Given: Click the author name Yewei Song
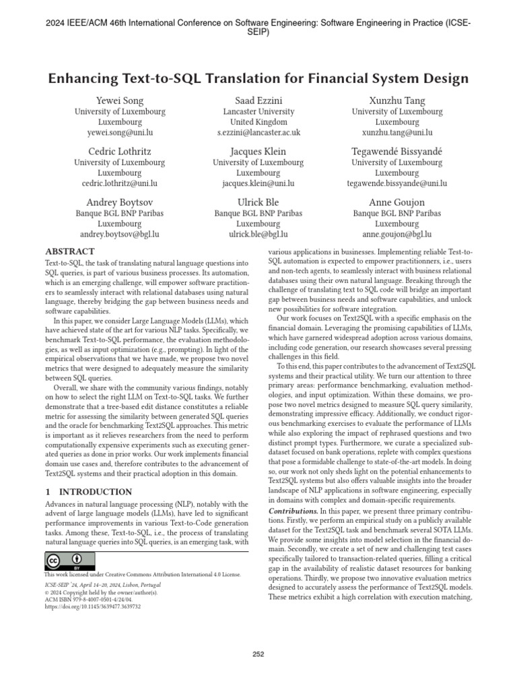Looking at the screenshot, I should pyautogui.click(x=120, y=100).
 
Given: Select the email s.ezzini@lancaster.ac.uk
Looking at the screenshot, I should pyautogui.click(x=258, y=133).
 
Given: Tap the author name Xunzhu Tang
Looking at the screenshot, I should pyautogui.click(x=397, y=100).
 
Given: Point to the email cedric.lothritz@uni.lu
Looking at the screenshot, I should pyautogui.click(x=120, y=183).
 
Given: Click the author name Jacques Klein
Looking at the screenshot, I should pyautogui.click(x=258, y=151).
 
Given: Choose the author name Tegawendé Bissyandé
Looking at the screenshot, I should pyautogui.click(x=397, y=151).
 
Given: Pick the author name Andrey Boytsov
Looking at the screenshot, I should pyautogui.click(x=120, y=202).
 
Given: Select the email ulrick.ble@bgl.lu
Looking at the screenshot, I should pyautogui.click(x=258, y=234).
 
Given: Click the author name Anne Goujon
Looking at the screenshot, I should pyautogui.click(x=397, y=202).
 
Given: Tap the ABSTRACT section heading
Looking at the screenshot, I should pyautogui.click(x=70, y=251).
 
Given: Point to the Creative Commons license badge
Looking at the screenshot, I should pyautogui.click(x=69, y=561).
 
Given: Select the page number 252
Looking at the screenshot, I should pyautogui.click(x=258, y=654).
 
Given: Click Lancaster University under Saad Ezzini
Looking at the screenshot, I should pyautogui.click(x=258, y=112).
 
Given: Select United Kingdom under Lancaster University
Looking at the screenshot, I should pyautogui.click(x=258, y=123).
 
